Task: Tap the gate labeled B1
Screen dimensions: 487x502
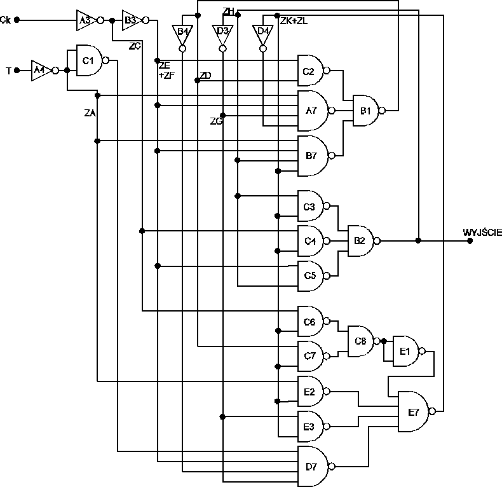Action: click(367, 111)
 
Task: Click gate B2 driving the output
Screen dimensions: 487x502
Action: click(360, 241)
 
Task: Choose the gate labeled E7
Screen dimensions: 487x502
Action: click(413, 412)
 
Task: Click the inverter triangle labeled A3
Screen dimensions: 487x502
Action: click(85, 20)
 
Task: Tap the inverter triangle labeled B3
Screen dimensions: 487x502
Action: click(131, 20)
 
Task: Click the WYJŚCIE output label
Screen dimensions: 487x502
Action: click(482, 233)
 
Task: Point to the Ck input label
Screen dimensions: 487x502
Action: click(6, 20)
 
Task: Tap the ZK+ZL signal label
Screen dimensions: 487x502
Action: click(294, 20)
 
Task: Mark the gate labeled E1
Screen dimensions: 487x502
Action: click(405, 351)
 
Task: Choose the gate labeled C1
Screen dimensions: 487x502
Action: click(89, 60)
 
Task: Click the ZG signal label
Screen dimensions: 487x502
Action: click(215, 121)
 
